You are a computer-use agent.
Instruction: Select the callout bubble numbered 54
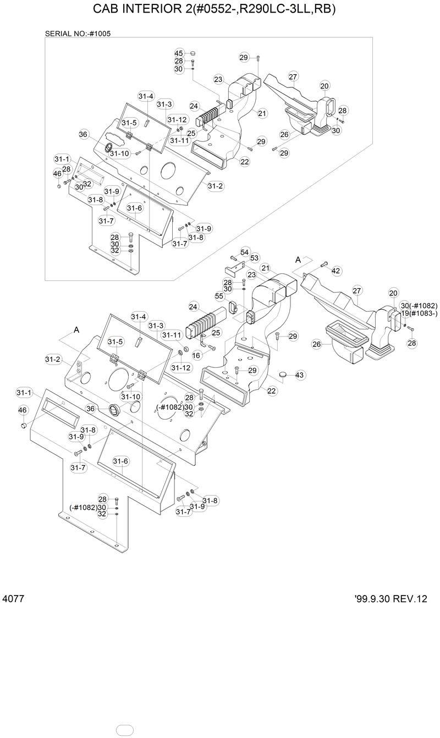[x=244, y=252]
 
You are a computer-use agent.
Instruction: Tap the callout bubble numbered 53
[x=254, y=258]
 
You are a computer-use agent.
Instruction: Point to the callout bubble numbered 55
[x=219, y=296]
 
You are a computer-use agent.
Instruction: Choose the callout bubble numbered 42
[x=335, y=271]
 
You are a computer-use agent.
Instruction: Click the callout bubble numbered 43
[x=299, y=375]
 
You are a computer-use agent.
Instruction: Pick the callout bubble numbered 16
[x=196, y=356]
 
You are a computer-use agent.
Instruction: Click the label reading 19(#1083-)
[x=419, y=313]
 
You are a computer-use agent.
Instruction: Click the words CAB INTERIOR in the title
[x=131, y=10]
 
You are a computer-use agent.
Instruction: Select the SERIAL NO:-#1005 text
[x=78, y=34]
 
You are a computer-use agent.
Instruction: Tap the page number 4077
[x=13, y=598]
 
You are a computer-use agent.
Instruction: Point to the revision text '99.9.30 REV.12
[x=391, y=599]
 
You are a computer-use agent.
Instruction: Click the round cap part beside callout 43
[x=284, y=374]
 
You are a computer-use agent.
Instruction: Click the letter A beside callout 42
[x=298, y=259]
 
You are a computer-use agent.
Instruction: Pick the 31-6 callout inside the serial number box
[x=134, y=208]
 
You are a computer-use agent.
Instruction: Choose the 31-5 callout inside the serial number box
[x=129, y=123]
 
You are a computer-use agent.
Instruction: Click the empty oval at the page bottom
[x=125, y=730]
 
